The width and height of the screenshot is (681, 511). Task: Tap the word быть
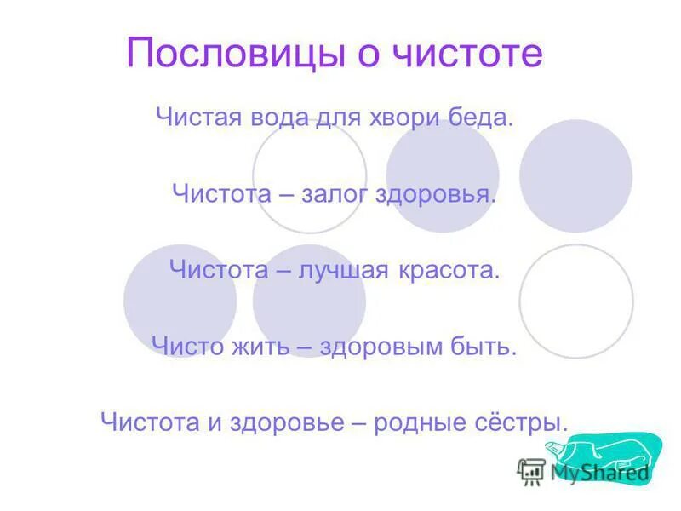pyautogui.click(x=487, y=347)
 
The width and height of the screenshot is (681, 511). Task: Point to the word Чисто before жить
pyautogui.click(x=185, y=347)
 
